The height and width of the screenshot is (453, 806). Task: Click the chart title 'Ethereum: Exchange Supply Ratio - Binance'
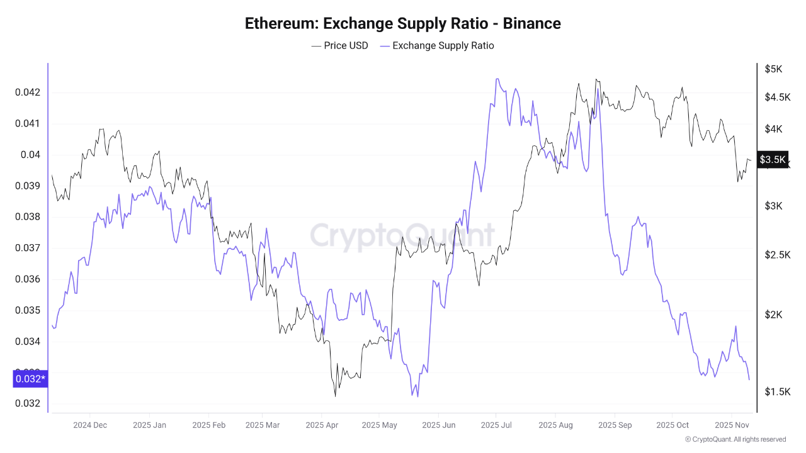click(402, 23)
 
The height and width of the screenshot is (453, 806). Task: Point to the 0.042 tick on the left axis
click(27, 92)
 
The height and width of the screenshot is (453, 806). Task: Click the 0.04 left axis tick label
click(30, 155)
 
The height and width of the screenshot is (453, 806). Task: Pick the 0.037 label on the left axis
click(27, 248)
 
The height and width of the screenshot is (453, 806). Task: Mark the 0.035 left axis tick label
click(27, 310)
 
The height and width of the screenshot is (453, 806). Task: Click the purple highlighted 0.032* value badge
click(30, 379)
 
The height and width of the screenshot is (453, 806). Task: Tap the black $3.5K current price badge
click(773, 159)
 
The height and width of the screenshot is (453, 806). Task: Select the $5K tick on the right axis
click(773, 69)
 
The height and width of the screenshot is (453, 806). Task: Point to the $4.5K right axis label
click(777, 97)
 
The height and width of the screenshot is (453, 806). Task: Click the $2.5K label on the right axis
click(777, 254)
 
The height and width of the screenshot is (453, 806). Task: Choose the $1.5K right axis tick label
click(777, 392)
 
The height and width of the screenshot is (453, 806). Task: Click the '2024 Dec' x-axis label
click(90, 425)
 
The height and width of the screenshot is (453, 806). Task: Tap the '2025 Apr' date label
click(322, 425)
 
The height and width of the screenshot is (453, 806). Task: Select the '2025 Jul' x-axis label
click(496, 425)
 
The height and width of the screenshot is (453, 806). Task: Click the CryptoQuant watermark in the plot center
click(402, 236)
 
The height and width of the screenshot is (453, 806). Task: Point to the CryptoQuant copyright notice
click(735, 439)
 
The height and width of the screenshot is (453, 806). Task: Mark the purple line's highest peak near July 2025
click(497, 79)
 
